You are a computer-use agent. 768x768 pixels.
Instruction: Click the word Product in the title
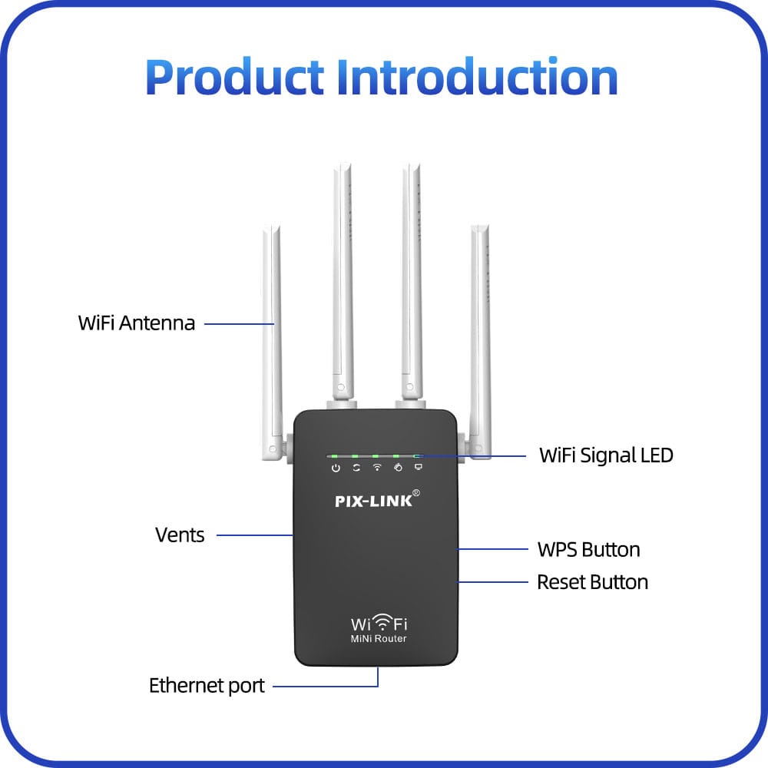point(234,77)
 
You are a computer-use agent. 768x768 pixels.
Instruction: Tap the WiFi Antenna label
point(137,323)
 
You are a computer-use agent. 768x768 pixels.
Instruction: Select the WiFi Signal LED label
point(606,455)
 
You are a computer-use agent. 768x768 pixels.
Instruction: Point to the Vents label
point(180,535)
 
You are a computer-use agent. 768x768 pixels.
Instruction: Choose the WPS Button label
point(588,550)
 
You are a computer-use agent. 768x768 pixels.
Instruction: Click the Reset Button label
point(592,582)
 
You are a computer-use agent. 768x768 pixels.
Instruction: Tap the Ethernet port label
point(207,685)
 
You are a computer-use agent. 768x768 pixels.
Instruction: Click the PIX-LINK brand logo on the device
point(374,502)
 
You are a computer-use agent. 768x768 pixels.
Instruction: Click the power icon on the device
point(336,468)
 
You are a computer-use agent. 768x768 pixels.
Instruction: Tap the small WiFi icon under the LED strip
point(377,467)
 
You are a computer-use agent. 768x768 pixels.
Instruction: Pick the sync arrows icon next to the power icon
point(356,467)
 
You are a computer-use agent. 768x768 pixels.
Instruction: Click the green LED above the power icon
point(336,456)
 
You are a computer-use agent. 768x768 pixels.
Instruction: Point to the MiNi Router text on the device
point(379,639)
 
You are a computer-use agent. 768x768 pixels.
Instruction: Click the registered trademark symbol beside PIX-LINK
point(416,493)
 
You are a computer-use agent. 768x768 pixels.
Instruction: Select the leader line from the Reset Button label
point(495,582)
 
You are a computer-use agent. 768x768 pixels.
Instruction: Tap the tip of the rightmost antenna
point(480,228)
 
